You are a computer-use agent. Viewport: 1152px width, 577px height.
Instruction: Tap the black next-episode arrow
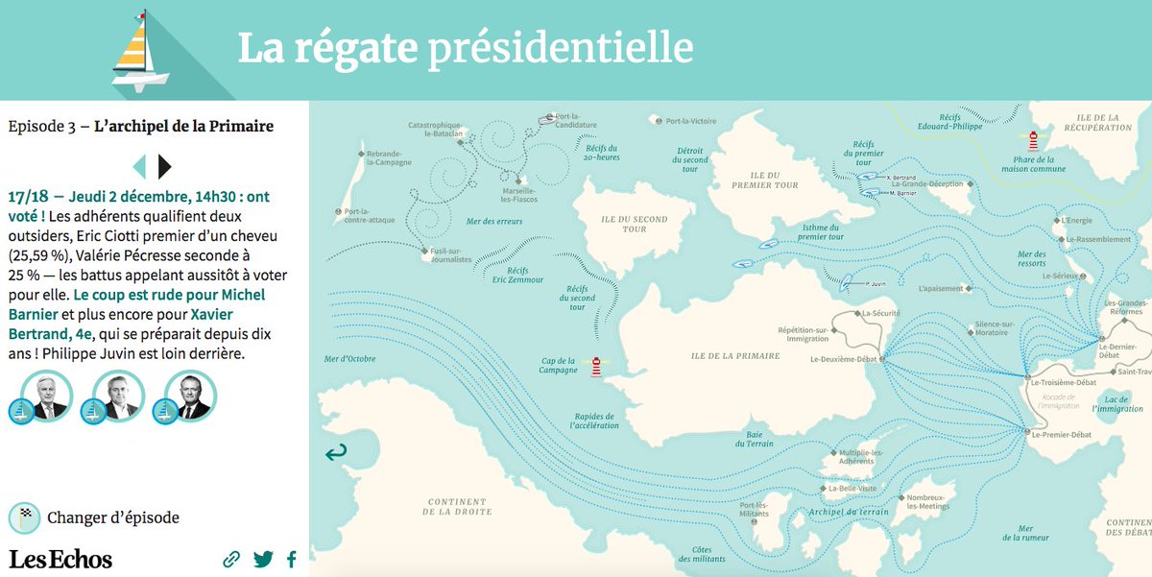[x=164, y=166]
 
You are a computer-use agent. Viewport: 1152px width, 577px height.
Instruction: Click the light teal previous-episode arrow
[x=139, y=166]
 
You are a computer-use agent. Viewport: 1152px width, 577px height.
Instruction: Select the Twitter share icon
[x=263, y=559]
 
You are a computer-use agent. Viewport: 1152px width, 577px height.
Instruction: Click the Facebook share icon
[x=291, y=559]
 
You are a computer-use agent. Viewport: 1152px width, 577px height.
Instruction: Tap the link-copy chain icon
[x=231, y=559]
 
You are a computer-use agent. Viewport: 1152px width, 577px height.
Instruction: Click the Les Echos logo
[x=60, y=559]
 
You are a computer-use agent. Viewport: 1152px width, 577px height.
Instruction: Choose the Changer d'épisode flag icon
[x=24, y=518]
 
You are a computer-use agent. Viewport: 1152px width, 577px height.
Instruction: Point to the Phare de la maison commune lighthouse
[x=1034, y=141]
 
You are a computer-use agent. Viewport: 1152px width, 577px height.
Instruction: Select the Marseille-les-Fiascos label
[x=517, y=194]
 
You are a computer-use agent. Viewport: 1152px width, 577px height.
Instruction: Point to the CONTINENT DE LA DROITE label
[x=459, y=507]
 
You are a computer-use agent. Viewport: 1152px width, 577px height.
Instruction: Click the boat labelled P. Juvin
[x=848, y=283]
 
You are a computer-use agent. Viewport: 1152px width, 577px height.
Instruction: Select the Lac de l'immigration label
[x=1117, y=404]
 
